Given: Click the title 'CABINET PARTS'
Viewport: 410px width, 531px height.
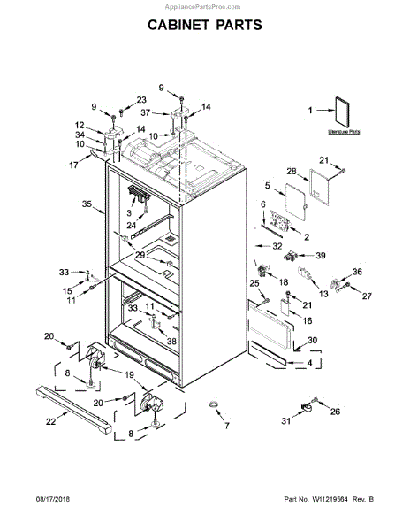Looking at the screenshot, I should click(x=204, y=25).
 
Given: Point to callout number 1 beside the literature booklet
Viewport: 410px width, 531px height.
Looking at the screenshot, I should click(x=310, y=111).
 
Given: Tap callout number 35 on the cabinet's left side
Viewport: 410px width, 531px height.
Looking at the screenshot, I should click(x=86, y=204).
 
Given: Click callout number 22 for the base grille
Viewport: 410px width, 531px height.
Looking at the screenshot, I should click(x=50, y=421).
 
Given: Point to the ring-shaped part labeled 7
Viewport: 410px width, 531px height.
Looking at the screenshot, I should click(x=215, y=405).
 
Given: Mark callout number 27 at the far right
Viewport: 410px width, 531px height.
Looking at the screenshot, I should click(x=367, y=296).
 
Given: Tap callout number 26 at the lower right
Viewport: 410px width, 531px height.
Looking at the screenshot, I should click(x=335, y=412).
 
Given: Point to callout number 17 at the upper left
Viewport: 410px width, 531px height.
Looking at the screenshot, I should click(x=74, y=165).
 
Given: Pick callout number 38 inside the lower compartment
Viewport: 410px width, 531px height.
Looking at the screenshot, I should click(x=172, y=341).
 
